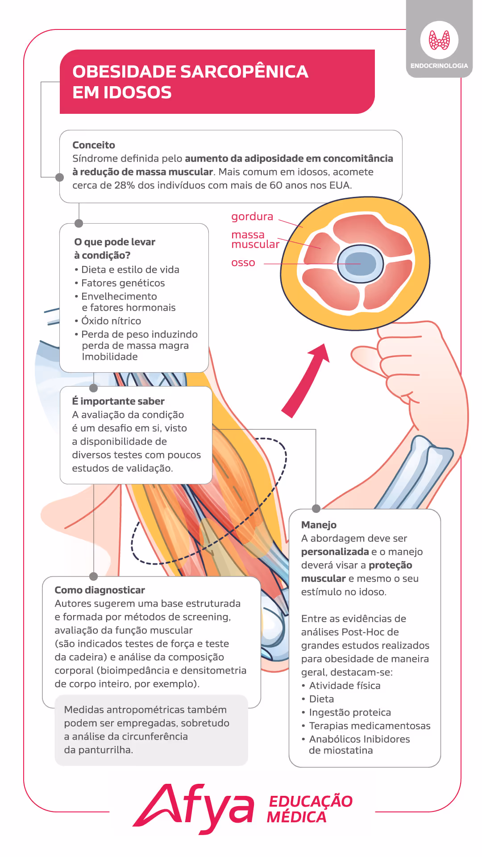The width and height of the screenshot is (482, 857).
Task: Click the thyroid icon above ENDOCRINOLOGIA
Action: (x=439, y=40)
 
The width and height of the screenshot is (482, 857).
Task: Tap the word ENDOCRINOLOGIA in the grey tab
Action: (x=439, y=66)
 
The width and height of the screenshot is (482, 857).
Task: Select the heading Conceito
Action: (x=94, y=145)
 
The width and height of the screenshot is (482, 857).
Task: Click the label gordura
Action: (x=252, y=216)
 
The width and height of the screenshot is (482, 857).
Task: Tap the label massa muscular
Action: (x=255, y=240)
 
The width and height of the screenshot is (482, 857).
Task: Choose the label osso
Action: (x=243, y=263)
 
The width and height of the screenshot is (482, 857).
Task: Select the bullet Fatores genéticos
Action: (x=123, y=283)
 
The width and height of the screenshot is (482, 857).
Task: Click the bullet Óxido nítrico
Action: (x=111, y=321)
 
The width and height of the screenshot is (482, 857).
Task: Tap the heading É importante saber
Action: (x=118, y=401)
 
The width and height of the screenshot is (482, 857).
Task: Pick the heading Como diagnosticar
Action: (x=100, y=590)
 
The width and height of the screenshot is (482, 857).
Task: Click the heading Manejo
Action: (x=319, y=525)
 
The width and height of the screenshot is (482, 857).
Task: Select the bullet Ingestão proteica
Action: (x=350, y=712)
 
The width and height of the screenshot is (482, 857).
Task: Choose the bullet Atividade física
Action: (x=345, y=686)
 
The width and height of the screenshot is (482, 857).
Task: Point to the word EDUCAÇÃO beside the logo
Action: (x=311, y=801)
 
